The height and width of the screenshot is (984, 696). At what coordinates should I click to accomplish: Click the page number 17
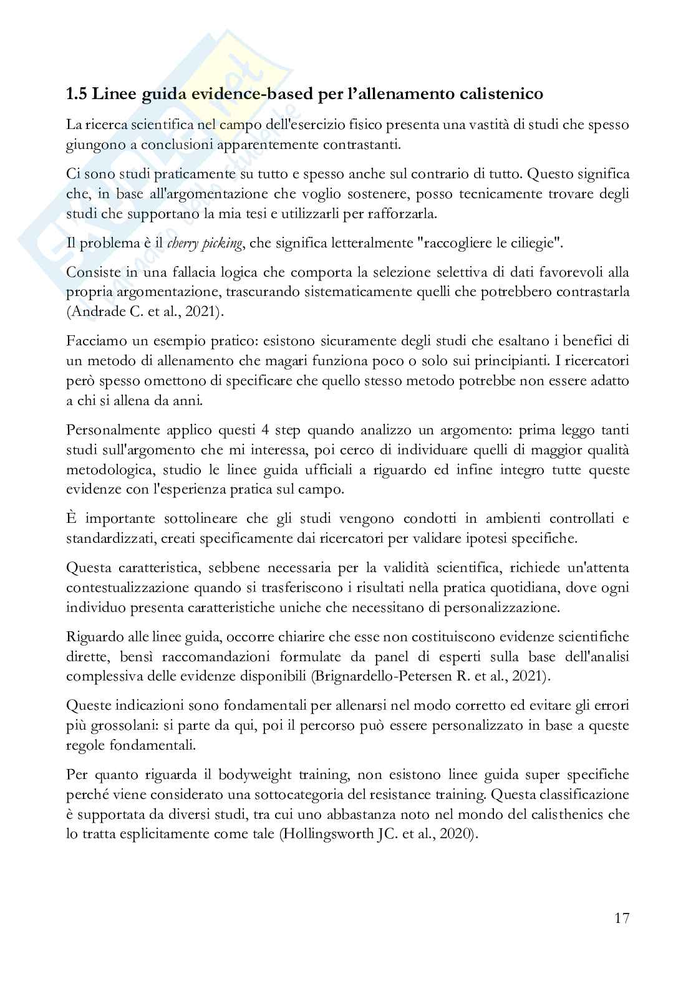622,918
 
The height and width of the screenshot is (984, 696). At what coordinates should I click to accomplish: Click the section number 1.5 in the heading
79,95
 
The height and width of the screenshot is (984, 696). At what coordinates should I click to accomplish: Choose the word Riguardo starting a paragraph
92,637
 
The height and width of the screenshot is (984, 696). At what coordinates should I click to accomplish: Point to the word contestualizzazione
128,588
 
